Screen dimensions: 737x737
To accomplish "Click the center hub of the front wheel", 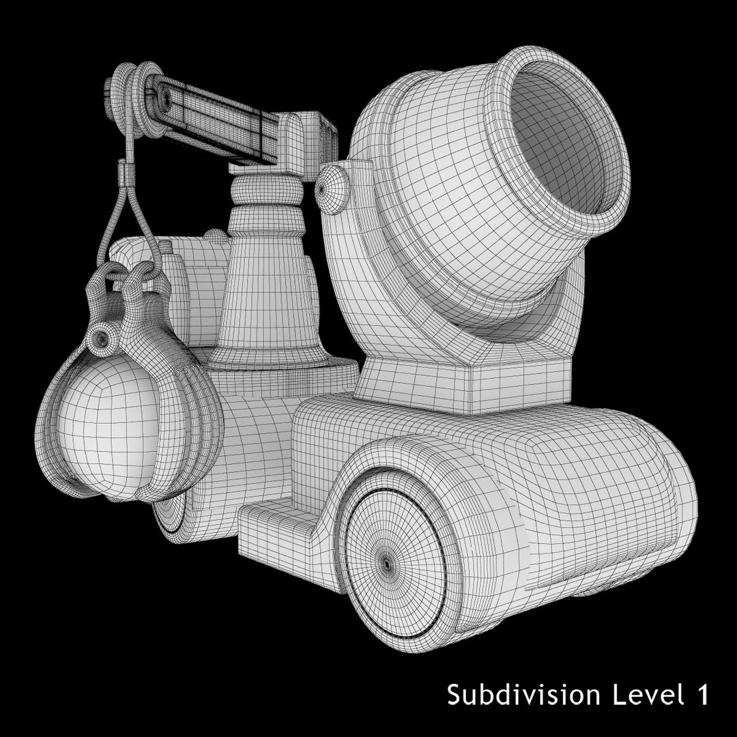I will pyautogui.click(x=387, y=564).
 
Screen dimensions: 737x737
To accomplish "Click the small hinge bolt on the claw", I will pyautogui.click(x=102, y=337).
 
